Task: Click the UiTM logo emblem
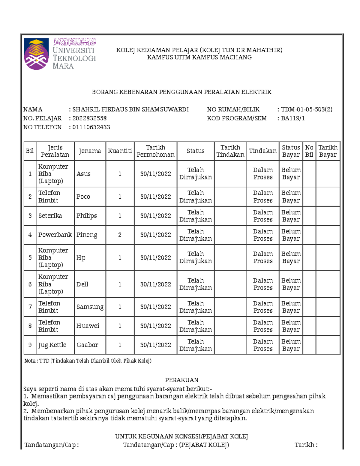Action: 36,54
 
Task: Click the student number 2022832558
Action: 89,118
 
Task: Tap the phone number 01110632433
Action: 91,127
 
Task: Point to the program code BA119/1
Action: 293,118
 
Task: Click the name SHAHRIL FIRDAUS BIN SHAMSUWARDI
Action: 130,110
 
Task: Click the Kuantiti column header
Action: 120,151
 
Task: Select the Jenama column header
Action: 90,151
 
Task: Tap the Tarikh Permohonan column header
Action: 155,151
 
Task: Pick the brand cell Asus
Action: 83,174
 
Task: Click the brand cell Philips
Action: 86,216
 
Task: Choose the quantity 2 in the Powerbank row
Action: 120,235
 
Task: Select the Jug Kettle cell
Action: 52,345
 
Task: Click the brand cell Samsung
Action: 90,307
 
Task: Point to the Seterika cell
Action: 50,216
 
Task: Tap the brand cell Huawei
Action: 88,326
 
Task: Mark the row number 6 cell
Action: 30,284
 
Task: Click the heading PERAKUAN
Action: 181,380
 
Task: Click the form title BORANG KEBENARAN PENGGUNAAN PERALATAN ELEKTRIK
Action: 181,92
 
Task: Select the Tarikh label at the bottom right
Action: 306,445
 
